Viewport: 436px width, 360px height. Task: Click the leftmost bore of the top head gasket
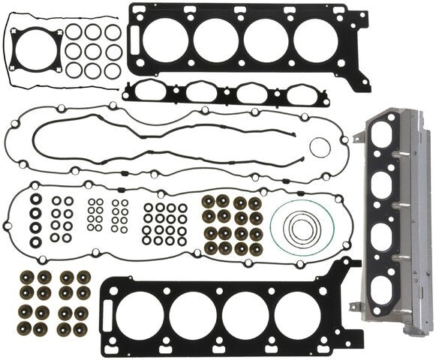coord(166,42)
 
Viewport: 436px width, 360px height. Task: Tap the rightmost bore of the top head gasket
coord(316,43)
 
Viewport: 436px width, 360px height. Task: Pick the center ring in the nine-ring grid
coord(93,51)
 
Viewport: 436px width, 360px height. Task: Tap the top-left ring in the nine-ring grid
coord(74,33)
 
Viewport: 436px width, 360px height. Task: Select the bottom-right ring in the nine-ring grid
coord(113,70)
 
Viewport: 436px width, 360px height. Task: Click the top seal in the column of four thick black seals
coord(35,201)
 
